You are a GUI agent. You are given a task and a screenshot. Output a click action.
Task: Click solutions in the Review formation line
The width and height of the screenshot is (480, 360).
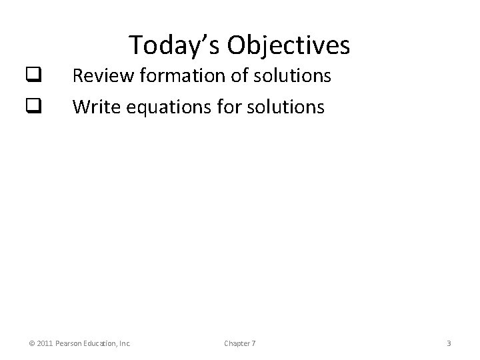coord(291,76)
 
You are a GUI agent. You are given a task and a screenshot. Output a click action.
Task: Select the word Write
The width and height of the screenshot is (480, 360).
coord(94,107)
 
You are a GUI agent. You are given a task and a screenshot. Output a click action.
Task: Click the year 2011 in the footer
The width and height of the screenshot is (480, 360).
coord(45,343)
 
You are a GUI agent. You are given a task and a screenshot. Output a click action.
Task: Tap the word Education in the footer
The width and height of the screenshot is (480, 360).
coord(101,343)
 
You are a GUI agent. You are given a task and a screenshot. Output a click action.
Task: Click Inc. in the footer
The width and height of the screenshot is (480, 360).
coord(125,343)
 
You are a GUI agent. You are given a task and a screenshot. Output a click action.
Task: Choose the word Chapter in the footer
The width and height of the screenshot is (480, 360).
coord(237,343)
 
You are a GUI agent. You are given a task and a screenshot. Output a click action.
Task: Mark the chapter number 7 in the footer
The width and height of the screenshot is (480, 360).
coord(253,343)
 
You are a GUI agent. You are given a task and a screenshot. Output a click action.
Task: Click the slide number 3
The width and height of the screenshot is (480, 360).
coord(449,343)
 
